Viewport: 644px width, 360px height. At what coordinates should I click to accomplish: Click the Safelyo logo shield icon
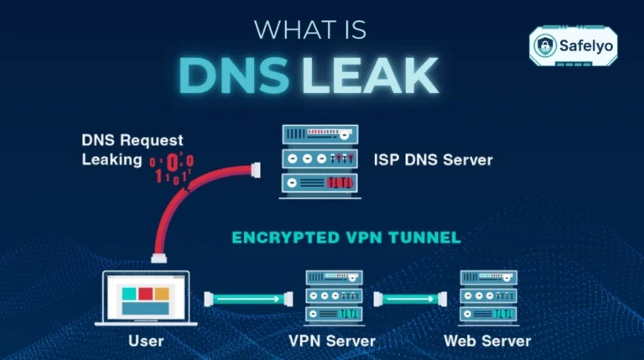pyautogui.click(x=547, y=44)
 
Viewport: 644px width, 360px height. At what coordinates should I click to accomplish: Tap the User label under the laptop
pyautogui.click(x=146, y=341)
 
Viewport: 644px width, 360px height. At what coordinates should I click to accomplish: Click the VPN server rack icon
pyautogui.click(x=333, y=298)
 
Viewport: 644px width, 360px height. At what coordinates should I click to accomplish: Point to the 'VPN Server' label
pyautogui.click(x=333, y=341)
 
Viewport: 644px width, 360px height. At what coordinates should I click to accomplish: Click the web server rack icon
pyautogui.click(x=487, y=298)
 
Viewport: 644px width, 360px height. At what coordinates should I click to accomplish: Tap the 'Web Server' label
pyautogui.click(x=487, y=341)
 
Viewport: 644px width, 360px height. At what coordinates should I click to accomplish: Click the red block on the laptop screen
pyautogui.click(x=145, y=294)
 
